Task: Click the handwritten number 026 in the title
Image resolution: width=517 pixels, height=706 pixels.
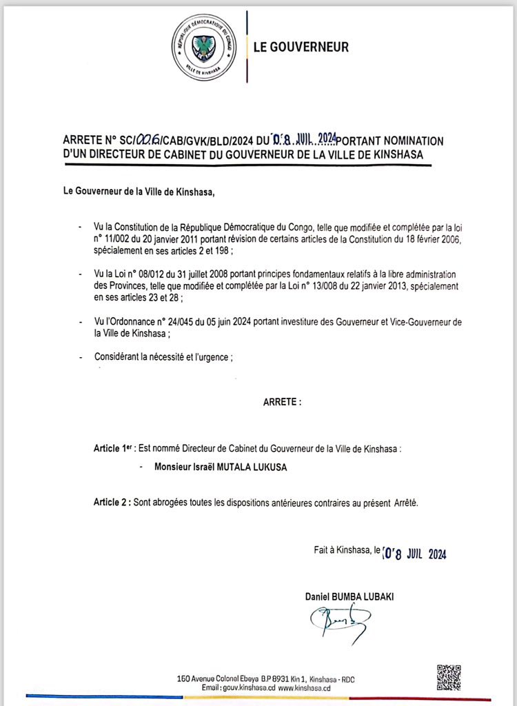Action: (x=150, y=140)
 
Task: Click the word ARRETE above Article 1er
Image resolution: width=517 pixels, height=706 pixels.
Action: (x=281, y=401)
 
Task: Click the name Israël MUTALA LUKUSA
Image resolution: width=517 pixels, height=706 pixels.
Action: (x=220, y=467)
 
